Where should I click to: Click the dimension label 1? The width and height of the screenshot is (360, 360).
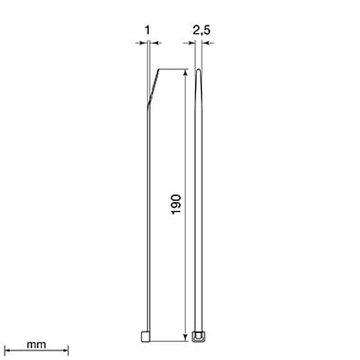148,30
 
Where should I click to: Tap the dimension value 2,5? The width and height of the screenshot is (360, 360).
202,30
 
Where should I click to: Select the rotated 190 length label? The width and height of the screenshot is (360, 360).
176,205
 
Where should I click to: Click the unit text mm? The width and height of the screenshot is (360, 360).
36,345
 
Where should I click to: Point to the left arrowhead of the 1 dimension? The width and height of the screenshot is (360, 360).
144,43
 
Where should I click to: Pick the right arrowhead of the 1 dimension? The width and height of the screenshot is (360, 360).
153,43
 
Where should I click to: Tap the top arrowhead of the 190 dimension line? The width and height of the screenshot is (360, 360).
186,73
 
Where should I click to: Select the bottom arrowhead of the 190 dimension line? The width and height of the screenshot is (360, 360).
186,337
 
